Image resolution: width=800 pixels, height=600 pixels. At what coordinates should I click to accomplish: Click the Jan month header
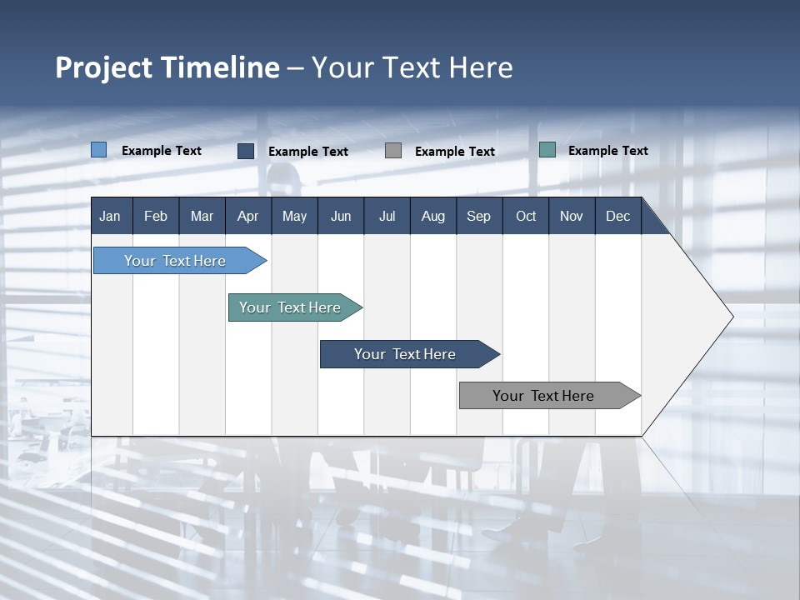110,216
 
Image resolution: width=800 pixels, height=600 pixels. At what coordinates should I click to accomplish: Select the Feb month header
156,216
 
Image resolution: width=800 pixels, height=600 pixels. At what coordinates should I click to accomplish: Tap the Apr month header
247,216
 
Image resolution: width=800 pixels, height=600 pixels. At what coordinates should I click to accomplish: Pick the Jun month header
341,216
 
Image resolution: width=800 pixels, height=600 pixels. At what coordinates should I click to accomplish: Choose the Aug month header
432,216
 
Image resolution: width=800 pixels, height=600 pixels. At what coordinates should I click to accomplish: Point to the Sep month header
478,216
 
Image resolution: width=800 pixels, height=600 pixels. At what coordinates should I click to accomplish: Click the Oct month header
526,216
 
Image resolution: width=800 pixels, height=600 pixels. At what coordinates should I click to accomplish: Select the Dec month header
617,216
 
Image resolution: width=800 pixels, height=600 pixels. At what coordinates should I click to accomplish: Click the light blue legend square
99,150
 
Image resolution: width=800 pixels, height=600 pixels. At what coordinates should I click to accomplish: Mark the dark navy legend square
246,151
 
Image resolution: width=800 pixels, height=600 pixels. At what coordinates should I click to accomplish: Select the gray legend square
393,151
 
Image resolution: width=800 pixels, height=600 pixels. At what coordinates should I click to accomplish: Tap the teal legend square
547,150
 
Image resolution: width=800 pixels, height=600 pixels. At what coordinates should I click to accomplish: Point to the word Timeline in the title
220,67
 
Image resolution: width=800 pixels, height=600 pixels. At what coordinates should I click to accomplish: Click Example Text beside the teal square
607,150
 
